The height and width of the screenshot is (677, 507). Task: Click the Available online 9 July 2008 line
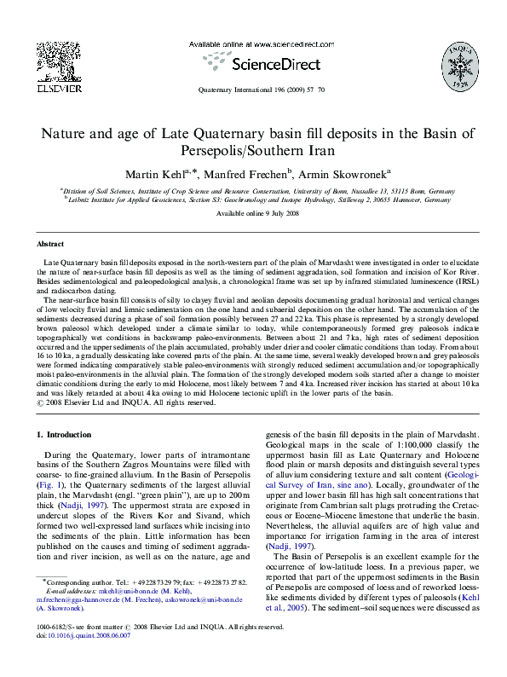point(253,212)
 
